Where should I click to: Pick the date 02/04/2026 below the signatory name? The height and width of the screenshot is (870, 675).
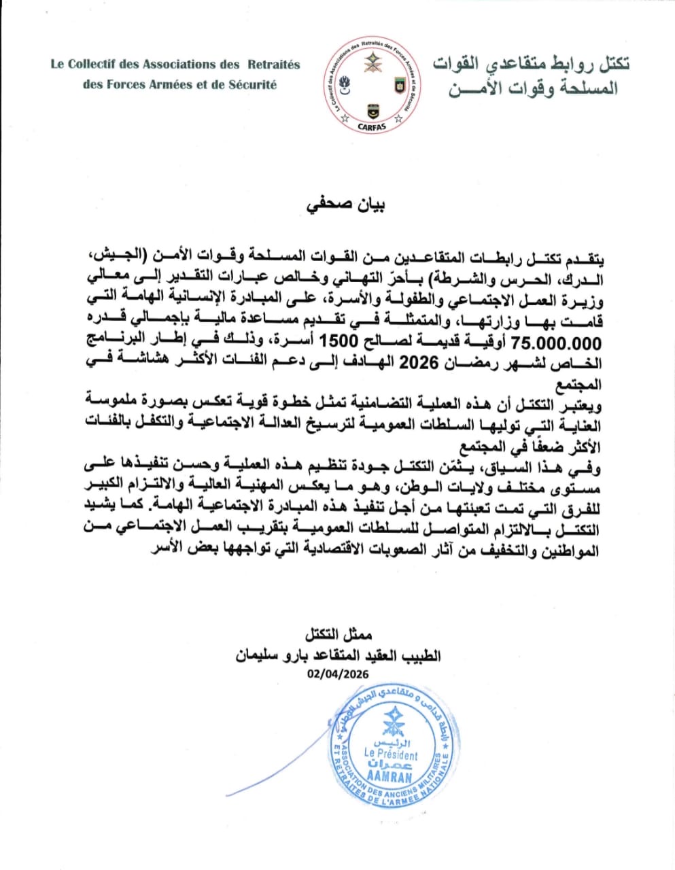point(337,674)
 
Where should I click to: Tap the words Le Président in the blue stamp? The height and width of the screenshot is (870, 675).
point(391,754)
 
